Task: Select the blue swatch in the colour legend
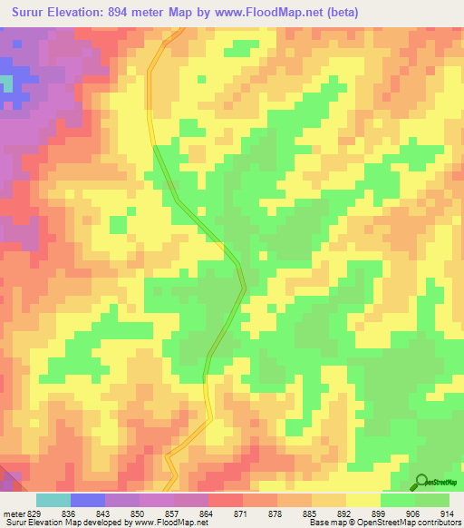point(88,500)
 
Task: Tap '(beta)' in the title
point(342,13)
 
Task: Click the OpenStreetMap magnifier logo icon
point(421,481)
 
